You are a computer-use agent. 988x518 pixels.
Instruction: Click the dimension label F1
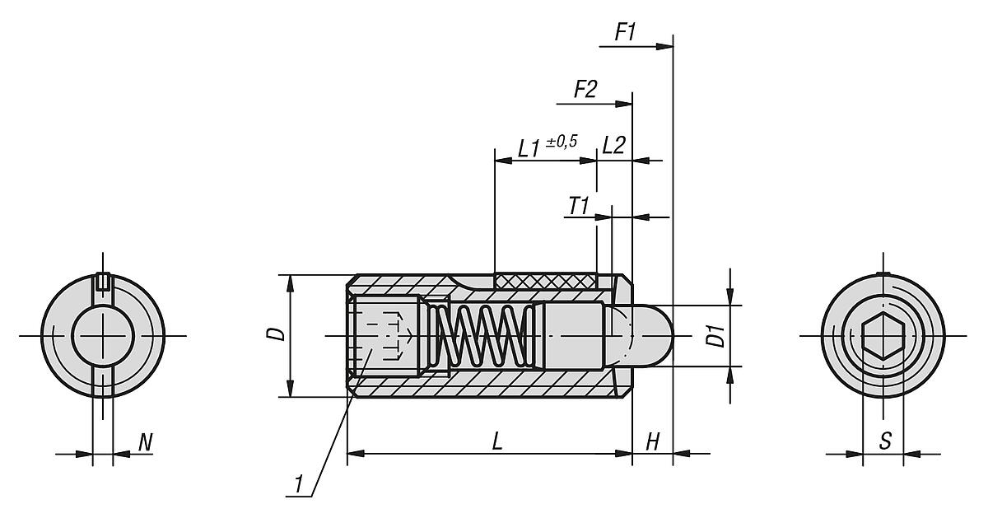626,33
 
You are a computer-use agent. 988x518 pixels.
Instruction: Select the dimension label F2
585,89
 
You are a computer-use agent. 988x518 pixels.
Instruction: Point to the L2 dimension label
613,146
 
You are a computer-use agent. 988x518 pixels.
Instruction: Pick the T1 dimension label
579,205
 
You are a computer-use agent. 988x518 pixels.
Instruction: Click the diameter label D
278,334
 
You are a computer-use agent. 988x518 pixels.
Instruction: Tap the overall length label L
496,441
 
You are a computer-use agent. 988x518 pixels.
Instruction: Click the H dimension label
652,441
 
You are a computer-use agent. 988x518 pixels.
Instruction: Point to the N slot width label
145,442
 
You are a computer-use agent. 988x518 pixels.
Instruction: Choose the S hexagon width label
885,441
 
